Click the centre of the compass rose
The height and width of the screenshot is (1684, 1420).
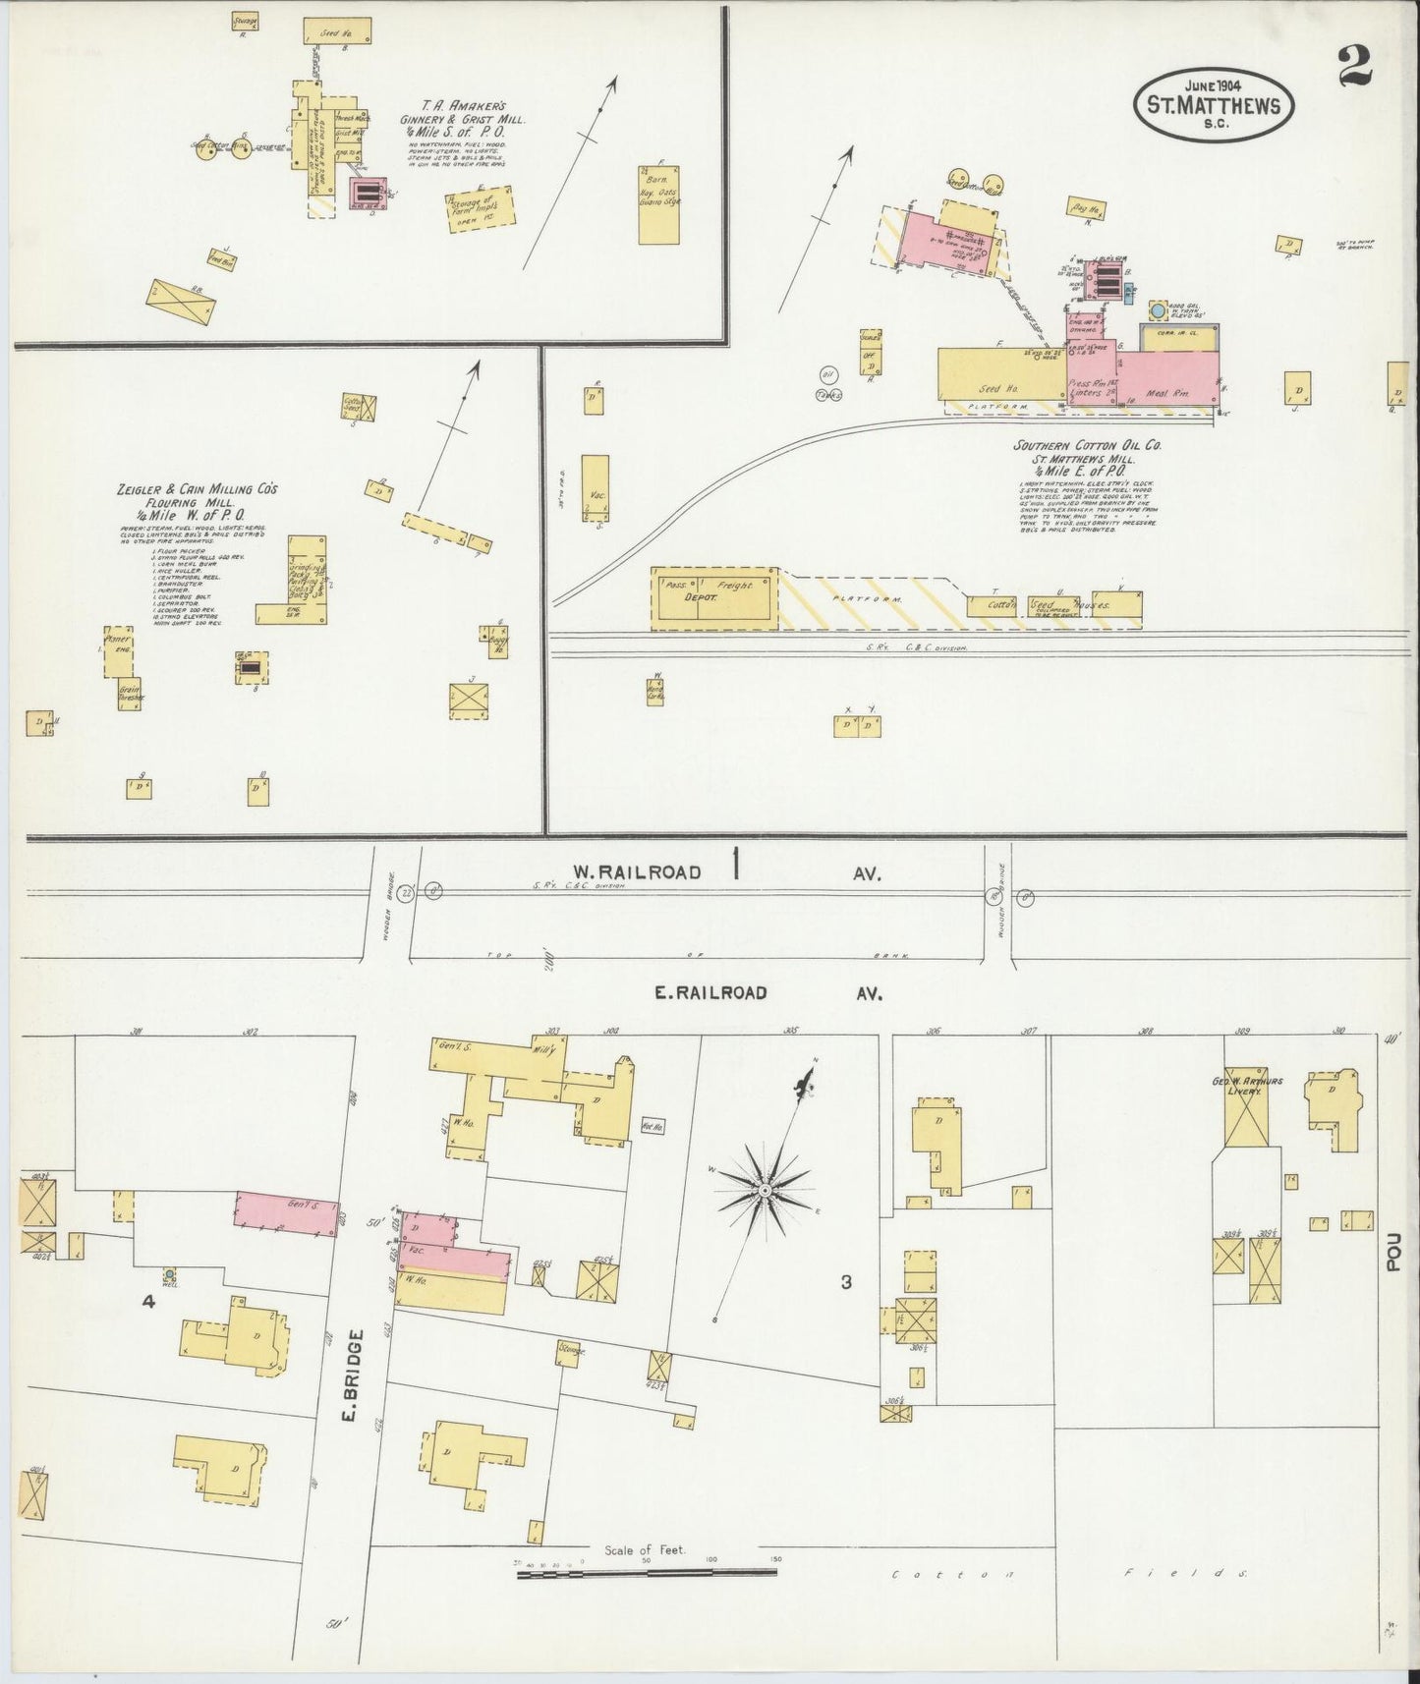coord(764,1191)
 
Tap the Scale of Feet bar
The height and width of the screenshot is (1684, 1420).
coord(646,1571)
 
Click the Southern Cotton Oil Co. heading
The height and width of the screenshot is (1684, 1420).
coord(1088,445)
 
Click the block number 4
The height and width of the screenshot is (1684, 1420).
coord(148,1302)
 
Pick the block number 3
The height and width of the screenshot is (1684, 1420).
coord(845,1282)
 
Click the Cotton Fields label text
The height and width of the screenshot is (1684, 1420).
coord(1068,1574)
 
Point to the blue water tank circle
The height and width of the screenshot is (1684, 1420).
coord(1157,311)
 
